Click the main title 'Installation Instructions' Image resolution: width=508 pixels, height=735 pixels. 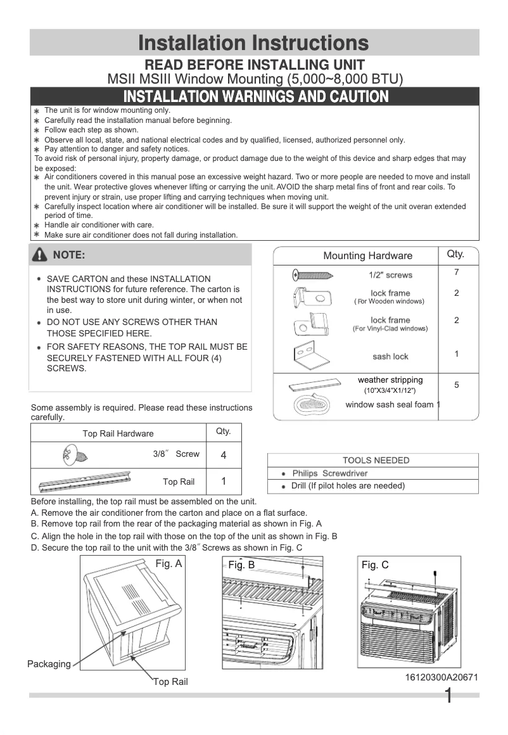tap(253, 42)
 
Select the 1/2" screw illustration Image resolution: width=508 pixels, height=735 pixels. tap(313, 275)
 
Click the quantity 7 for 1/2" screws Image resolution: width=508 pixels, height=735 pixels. tap(456, 272)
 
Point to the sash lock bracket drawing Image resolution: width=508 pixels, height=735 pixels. tap(311, 355)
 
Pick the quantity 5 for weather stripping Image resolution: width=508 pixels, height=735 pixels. tap(456, 385)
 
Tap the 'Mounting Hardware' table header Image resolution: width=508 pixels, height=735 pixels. tap(367, 256)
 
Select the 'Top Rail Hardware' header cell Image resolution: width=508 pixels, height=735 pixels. tap(118, 433)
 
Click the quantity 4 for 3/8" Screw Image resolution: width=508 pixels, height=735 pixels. tap(224, 455)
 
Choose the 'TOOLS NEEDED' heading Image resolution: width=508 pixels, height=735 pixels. tap(376, 461)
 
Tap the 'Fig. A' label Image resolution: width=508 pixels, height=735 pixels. tap(168, 563)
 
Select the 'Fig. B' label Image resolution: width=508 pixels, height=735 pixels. tap(241, 565)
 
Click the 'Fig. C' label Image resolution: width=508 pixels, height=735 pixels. tap(375, 565)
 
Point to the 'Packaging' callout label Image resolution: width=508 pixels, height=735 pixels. tap(49, 664)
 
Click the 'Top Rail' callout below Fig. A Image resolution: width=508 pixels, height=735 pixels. tap(171, 682)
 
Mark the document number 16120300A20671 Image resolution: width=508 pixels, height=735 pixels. tap(441, 677)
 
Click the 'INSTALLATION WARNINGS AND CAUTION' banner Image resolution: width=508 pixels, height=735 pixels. tap(255, 96)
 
